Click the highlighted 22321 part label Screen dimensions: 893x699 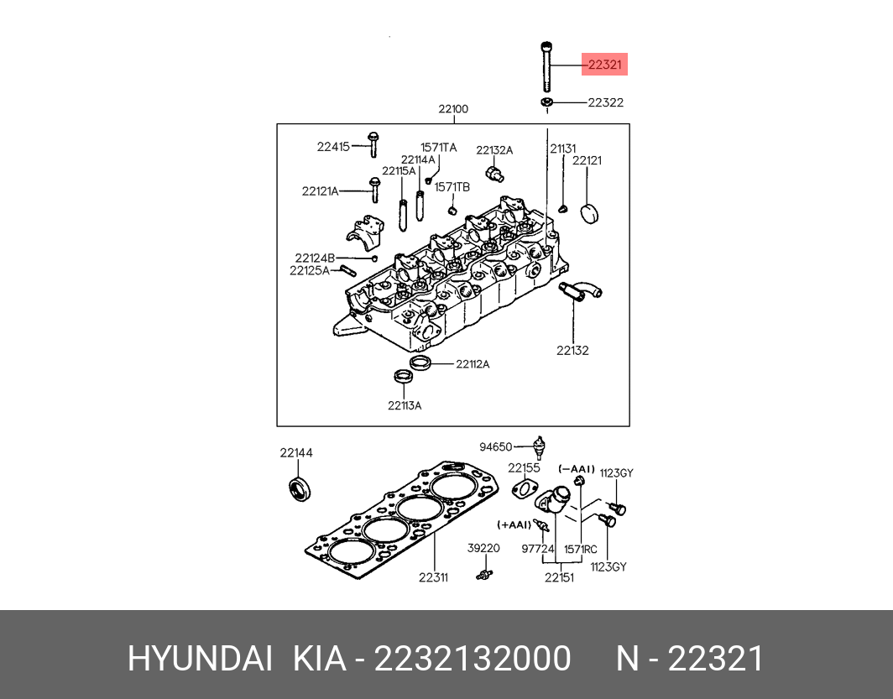[x=605, y=65]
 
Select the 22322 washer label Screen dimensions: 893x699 [x=605, y=102]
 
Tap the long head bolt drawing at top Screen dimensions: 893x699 [x=546, y=66]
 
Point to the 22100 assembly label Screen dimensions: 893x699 [x=453, y=109]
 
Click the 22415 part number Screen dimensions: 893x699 [x=332, y=147]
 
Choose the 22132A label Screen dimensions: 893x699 [x=494, y=150]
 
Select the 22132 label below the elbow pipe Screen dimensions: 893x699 [x=572, y=350]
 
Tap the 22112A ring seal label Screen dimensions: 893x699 [x=473, y=364]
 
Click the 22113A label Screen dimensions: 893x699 [x=405, y=405]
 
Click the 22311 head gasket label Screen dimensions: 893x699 [x=434, y=577]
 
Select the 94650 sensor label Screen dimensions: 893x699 [x=495, y=446]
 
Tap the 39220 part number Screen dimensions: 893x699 [x=483, y=548]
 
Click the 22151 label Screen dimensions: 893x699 [x=558, y=577]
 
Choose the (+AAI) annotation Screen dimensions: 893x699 [x=514, y=524]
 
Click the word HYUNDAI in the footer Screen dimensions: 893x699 [x=200, y=659]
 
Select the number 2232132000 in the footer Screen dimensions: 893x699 [x=473, y=659]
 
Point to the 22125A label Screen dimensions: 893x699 [x=310, y=270]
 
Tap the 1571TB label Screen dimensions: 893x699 [x=452, y=186]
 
